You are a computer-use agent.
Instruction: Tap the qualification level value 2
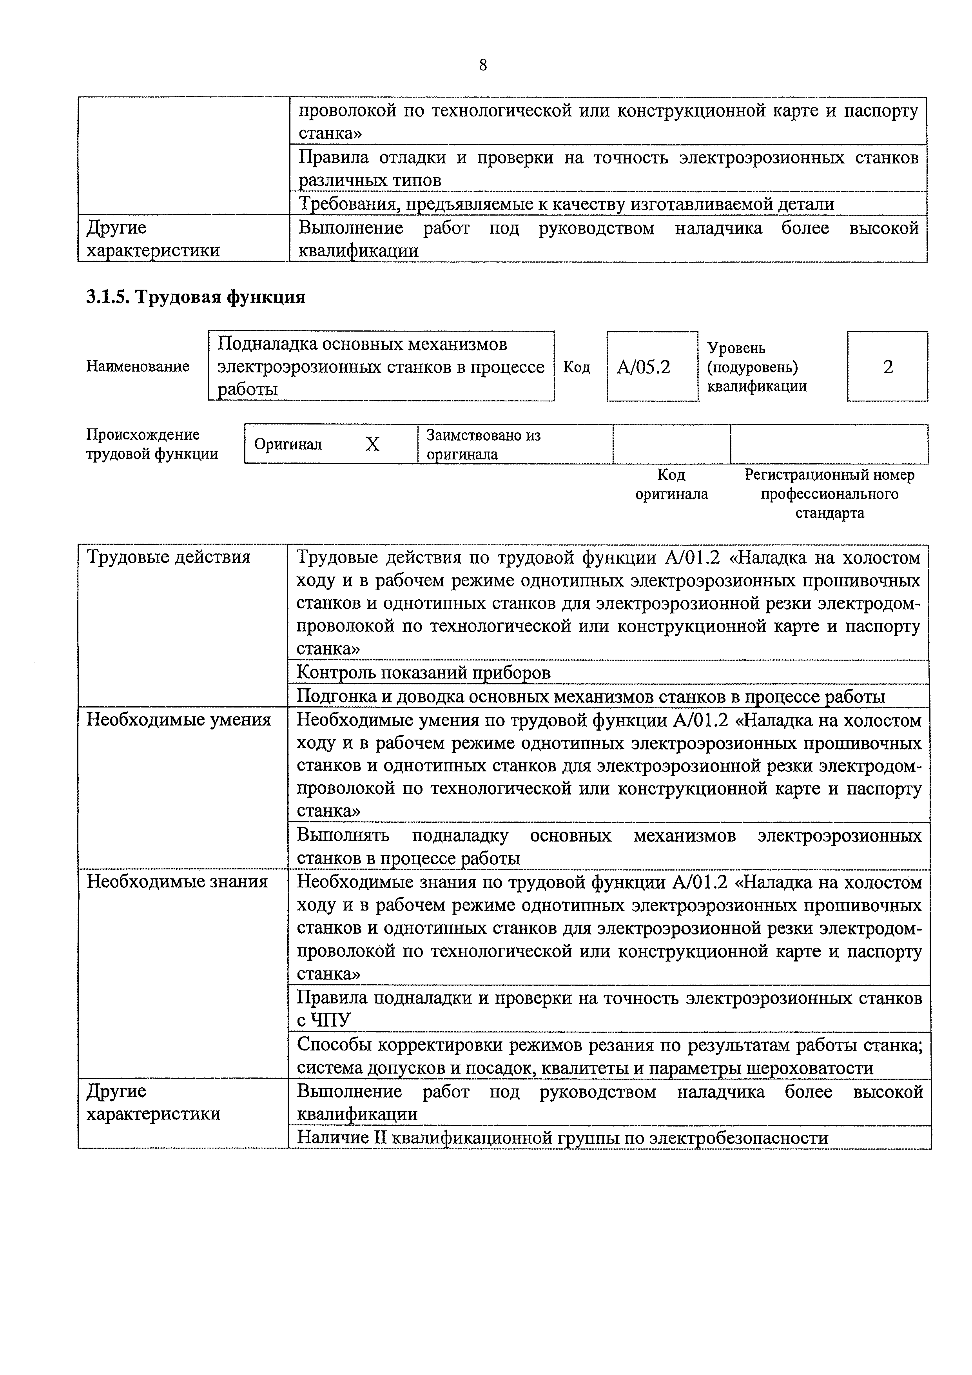pos(888,366)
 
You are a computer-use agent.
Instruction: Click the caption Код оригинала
pos(671,484)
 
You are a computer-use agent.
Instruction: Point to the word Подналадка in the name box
pos(267,345)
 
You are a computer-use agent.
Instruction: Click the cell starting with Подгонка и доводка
pos(591,697)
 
